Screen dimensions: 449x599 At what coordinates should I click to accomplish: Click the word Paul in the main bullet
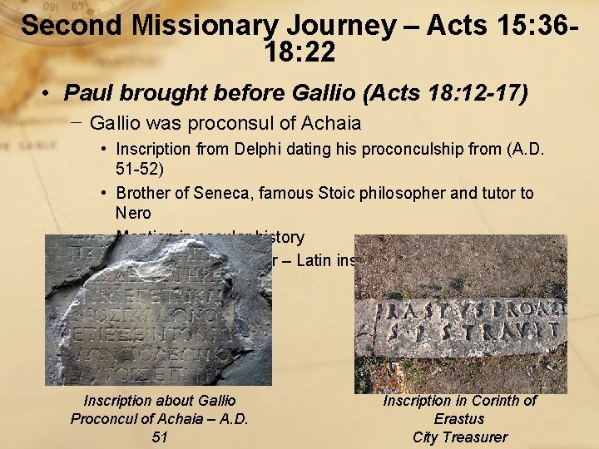pos(85,91)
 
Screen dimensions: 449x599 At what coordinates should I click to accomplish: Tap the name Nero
pos(133,212)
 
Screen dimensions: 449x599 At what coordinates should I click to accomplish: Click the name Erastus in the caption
pos(459,419)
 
